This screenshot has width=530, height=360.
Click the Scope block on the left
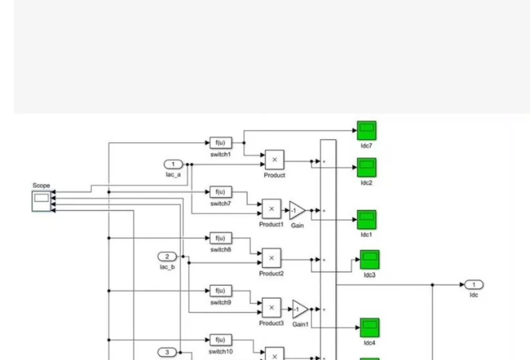pos(41,201)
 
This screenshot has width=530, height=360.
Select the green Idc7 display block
pos(366,131)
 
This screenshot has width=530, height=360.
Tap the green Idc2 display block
pos(366,168)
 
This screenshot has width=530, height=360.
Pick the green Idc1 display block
pos(366,219)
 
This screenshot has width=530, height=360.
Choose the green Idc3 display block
pos(369,260)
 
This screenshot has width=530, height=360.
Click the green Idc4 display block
pos(369,328)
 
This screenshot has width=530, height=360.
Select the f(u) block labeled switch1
pos(221,143)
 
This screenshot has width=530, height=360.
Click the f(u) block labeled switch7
pos(221,192)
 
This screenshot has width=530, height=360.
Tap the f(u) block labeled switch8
pos(221,238)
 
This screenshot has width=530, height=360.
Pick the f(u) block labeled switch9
pos(221,290)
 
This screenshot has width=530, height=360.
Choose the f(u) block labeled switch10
pos(221,340)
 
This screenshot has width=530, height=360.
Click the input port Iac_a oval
pos(173,165)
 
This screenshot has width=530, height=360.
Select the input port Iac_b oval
pos(168,256)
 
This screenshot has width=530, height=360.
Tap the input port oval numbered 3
pos(168,352)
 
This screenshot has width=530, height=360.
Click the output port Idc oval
pos(474,284)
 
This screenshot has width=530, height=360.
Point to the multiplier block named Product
pos(274,160)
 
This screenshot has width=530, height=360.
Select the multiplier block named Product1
pos(271,209)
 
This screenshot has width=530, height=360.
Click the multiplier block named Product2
pos(271,258)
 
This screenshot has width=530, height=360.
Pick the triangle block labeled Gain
pos(297,211)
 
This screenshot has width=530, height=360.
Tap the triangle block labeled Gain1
pos(300,309)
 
